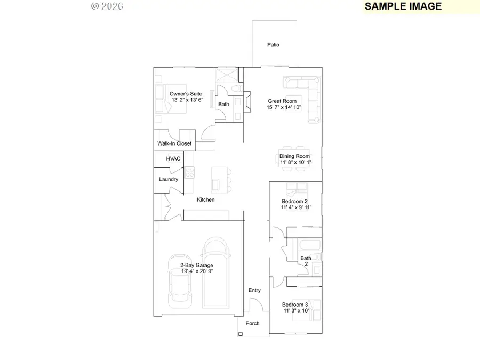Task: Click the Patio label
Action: pos(273,45)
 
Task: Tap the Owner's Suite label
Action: pos(186,94)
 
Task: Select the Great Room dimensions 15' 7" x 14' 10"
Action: pos(284,107)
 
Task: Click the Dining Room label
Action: pos(294,156)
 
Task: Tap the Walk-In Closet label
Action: pos(174,144)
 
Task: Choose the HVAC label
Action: pos(173,159)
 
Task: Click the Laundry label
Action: pos(169,180)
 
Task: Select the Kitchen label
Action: pos(206,200)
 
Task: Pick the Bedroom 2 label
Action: pos(294,201)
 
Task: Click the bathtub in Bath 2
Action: pos(309,246)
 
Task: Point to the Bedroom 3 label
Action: pos(295,305)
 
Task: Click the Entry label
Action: pos(254,290)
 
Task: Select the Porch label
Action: pos(252,324)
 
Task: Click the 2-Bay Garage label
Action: pos(196,265)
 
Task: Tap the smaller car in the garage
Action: pos(180,283)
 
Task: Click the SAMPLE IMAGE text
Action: pos(403,6)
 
